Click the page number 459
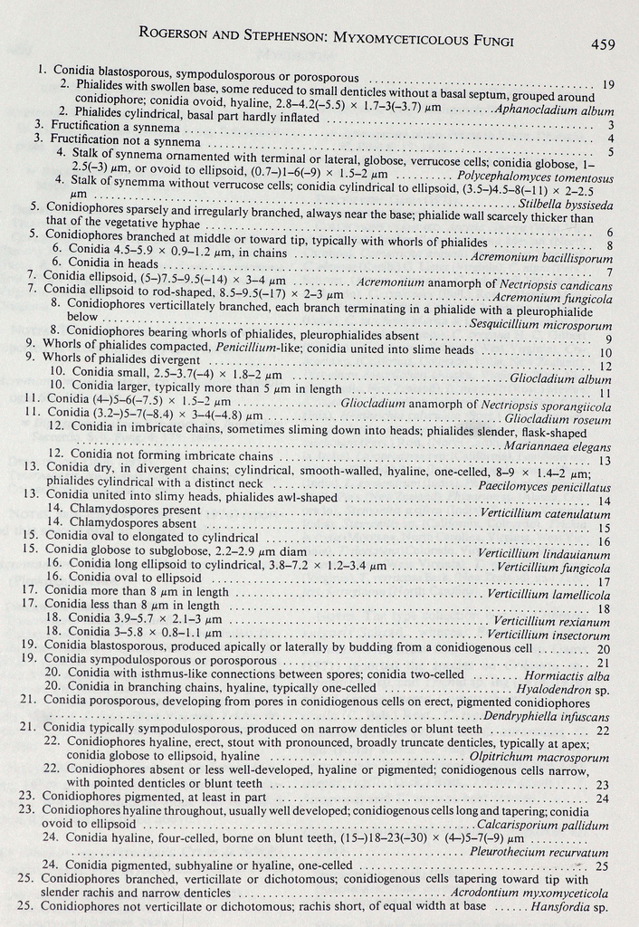tap(604, 43)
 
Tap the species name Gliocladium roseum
tap(557, 419)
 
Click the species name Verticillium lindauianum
tap(543, 554)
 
